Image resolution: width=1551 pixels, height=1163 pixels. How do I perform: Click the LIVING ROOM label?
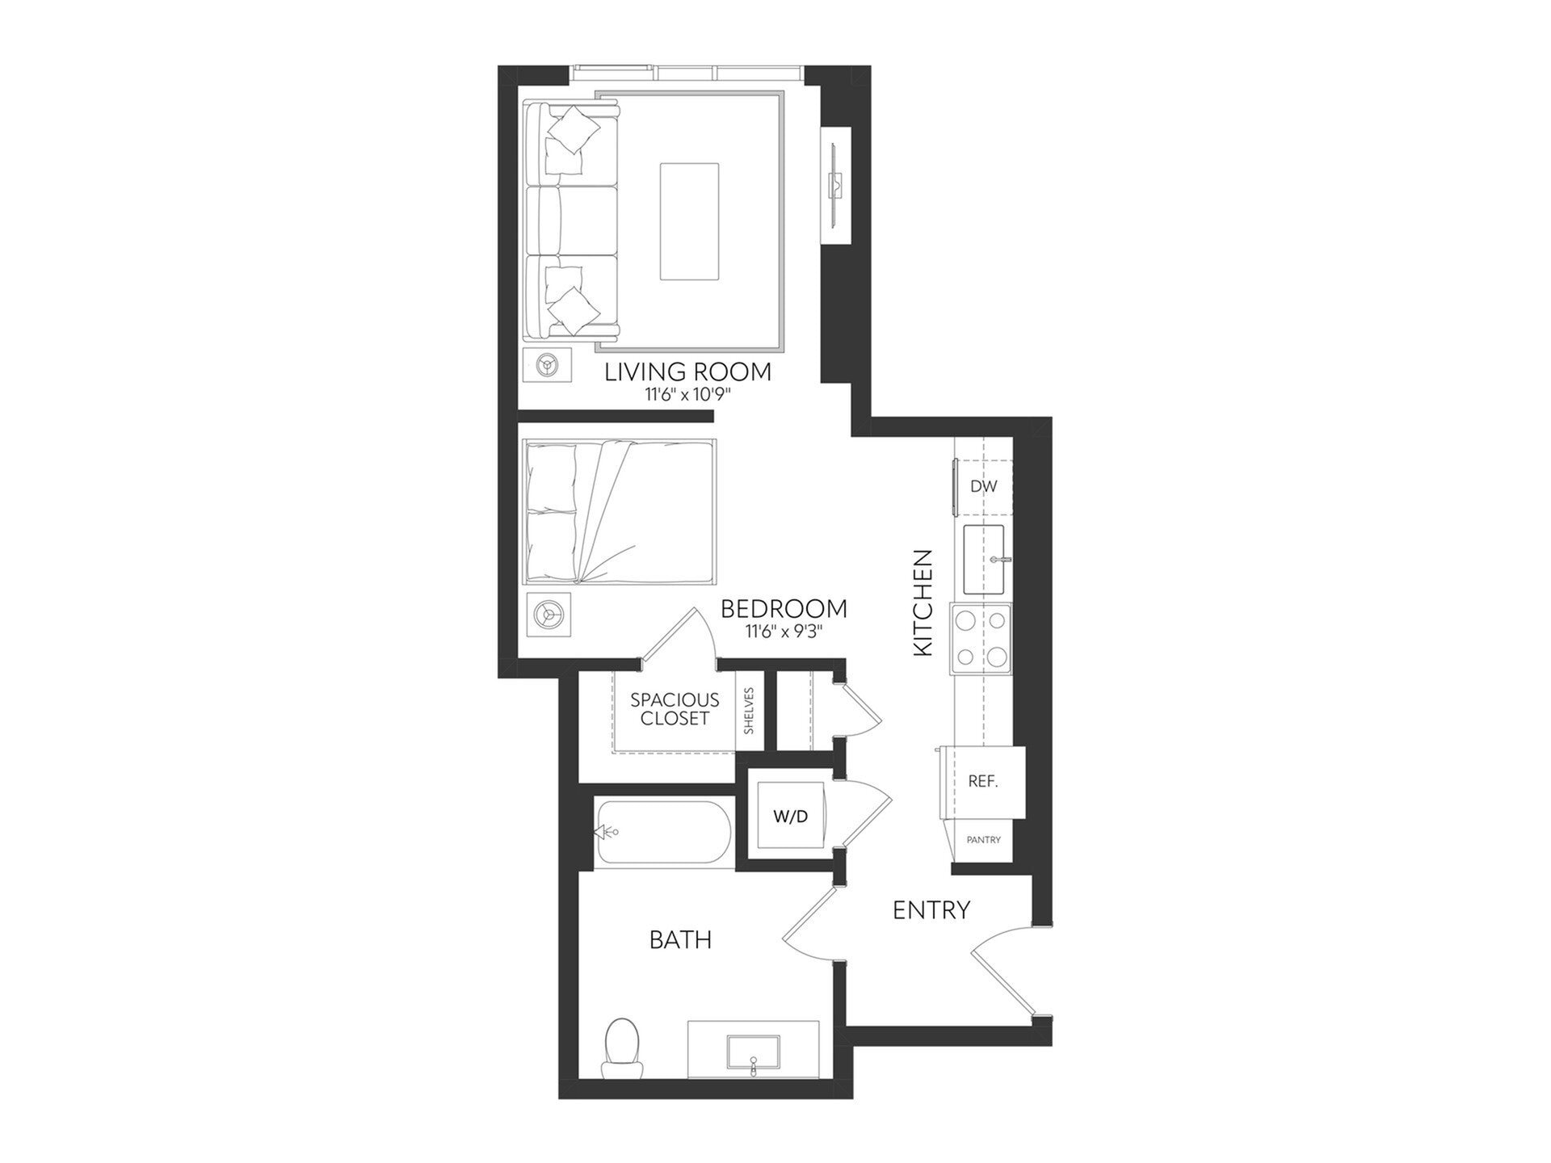pyautogui.click(x=687, y=372)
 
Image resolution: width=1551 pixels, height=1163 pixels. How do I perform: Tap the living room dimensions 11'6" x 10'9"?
pyautogui.click(x=687, y=396)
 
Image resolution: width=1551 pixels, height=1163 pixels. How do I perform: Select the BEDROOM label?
pyautogui.click(x=784, y=608)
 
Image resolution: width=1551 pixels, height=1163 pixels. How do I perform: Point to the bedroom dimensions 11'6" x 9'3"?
pyautogui.click(x=784, y=632)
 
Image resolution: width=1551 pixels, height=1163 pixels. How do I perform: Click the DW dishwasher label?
pyautogui.click(x=983, y=486)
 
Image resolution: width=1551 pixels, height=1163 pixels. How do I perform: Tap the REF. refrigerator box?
pyautogui.click(x=983, y=782)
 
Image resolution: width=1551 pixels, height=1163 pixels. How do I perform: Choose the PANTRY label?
pyautogui.click(x=983, y=840)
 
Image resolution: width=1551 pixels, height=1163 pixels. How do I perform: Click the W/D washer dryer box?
pyautogui.click(x=790, y=817)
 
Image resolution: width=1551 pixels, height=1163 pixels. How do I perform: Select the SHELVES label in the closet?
pyautogui.click(x=749, y=711)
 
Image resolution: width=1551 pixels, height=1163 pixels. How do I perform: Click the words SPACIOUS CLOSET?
pyautogui.click(x=675, y=709)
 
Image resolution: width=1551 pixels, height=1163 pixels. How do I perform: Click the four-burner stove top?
pyautogui.click(x=981, y=638)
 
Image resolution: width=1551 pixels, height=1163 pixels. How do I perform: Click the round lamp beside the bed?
pyautogui.click(x=548, y=616)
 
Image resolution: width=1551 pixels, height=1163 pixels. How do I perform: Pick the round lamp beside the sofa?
pyautogui.click(x=548, y=365)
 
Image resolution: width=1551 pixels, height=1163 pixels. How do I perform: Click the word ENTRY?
pyautogui.click(x=931, y=910)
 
